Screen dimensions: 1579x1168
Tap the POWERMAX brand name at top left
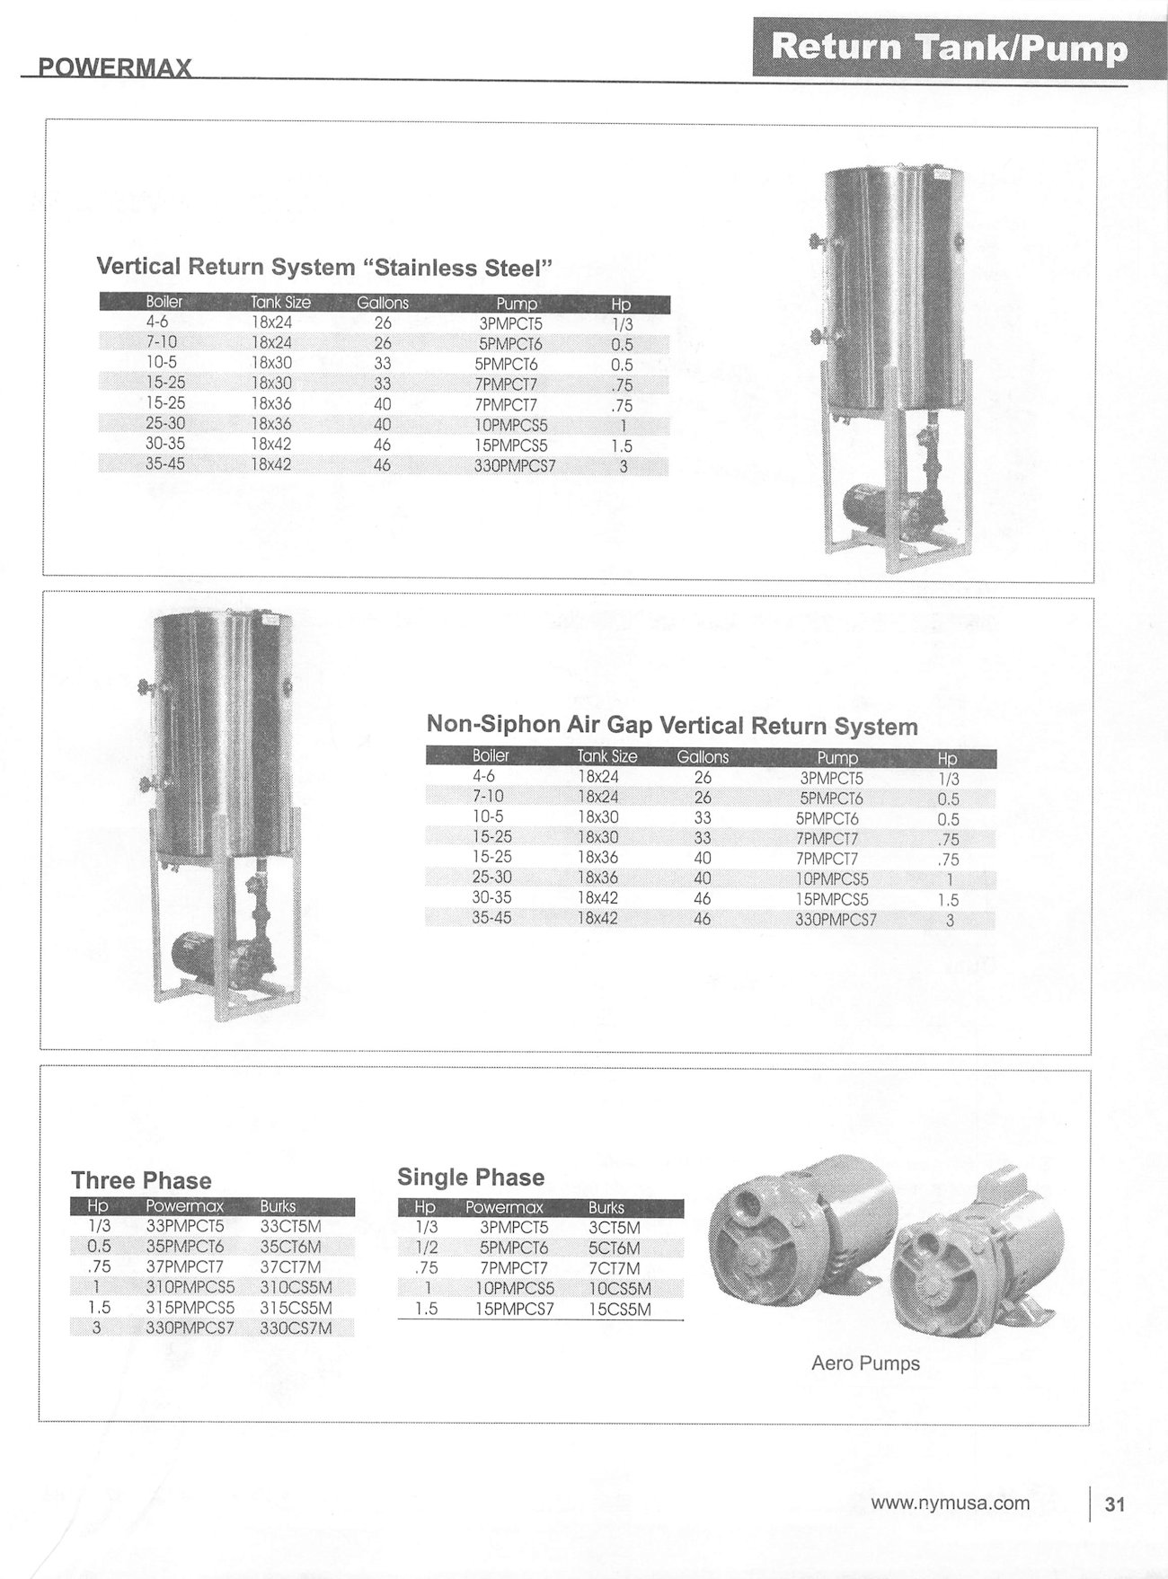[114, 69]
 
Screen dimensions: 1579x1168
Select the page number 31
[1114, 1504]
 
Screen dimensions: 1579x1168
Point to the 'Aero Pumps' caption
[865, 1363]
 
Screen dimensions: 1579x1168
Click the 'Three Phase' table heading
[141, 1180]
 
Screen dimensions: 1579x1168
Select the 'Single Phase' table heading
[471, 1177]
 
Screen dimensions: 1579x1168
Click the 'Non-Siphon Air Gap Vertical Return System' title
[672, 725]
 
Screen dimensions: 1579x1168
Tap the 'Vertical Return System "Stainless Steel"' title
[323, 267]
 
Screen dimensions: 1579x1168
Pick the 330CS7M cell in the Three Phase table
[296, 1328]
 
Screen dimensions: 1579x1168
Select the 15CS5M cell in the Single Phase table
[620, 1310]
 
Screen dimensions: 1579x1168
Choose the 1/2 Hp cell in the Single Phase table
[426, 1248]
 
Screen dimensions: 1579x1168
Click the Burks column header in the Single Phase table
[606, 1208]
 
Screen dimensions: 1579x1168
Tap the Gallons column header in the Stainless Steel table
[383, 304]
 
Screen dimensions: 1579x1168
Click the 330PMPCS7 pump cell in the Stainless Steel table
[515, 466]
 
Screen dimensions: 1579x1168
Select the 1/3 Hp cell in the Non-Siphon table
[948, 780]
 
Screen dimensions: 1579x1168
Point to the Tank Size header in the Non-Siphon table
[607, 757]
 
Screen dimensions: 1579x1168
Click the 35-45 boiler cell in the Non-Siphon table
[491, 919]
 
